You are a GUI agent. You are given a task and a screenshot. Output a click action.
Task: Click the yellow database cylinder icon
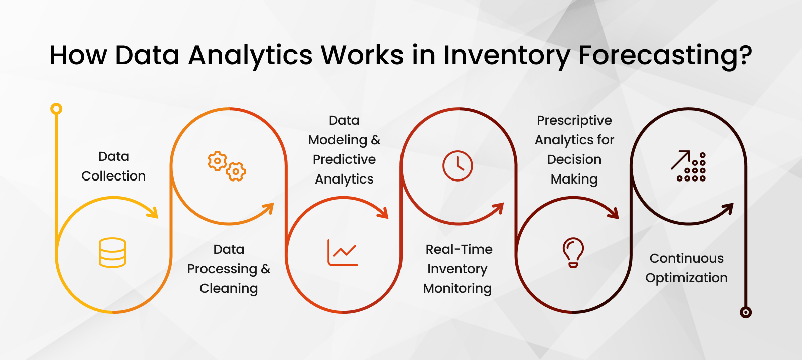tap(112, 252)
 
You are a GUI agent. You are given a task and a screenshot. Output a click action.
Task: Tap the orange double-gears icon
tap(227, 166)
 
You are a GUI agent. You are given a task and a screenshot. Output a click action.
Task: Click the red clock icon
tap(458, 166)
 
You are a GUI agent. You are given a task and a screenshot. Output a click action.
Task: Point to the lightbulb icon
tap(573, 252)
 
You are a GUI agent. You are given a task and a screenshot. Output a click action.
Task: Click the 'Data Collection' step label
tap(113, 166)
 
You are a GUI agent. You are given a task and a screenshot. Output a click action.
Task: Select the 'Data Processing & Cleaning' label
tap(229, 269)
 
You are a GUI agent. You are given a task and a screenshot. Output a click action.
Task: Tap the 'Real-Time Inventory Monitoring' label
tap(458, 269)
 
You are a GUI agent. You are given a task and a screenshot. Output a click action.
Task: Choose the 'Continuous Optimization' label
tap(686, 268)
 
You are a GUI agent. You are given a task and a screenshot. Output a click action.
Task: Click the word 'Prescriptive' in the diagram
tap(574, 121)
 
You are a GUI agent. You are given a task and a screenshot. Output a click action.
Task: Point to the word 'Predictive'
tap(344, 159)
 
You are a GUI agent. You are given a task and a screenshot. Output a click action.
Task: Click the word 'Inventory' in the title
tap(506, 55)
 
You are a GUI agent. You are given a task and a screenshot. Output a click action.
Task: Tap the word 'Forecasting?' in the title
tap(665, 55)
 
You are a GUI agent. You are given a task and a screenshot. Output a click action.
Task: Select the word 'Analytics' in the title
tap(251, 55)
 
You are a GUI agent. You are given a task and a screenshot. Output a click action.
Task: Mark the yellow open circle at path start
tap(56, 109)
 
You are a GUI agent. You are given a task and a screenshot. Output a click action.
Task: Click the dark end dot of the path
tap(746, 312)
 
